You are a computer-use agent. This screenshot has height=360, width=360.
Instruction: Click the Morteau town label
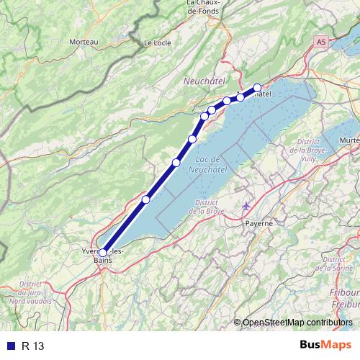pos(84,42)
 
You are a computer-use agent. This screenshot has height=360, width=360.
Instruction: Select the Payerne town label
pos(260,223)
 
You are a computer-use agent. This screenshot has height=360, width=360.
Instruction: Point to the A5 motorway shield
pos(320,43)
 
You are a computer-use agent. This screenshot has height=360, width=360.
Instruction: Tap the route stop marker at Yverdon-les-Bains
pos(102,253)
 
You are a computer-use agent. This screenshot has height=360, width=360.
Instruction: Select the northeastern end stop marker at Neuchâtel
pos(257,88)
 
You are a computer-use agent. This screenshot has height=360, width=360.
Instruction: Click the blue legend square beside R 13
pos(9,346)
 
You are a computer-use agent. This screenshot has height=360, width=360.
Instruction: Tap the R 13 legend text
pos(33,346)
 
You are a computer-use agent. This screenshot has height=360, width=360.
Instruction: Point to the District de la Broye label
pos(207,207)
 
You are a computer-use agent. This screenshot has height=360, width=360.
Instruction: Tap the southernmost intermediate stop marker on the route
pos(146,199)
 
